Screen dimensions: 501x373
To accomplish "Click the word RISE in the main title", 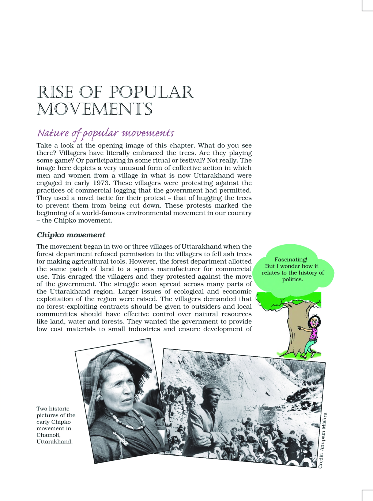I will click(55, 92).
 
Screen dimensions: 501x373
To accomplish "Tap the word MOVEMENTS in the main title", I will click(94, 109).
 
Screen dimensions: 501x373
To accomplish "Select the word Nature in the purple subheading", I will click(53, 133).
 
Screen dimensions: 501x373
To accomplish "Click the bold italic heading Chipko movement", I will click(71, 235).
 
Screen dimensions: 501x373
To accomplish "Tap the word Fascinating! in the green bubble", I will click(291, 260).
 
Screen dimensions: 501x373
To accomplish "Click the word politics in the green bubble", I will click(292, 279).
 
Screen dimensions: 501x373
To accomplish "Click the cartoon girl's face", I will click(314, 322).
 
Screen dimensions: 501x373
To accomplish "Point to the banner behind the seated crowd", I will click(267, 414).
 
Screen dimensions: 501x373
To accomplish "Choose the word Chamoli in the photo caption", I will click(48, 435).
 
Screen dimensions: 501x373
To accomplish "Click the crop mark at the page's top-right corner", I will click(367, 6).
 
